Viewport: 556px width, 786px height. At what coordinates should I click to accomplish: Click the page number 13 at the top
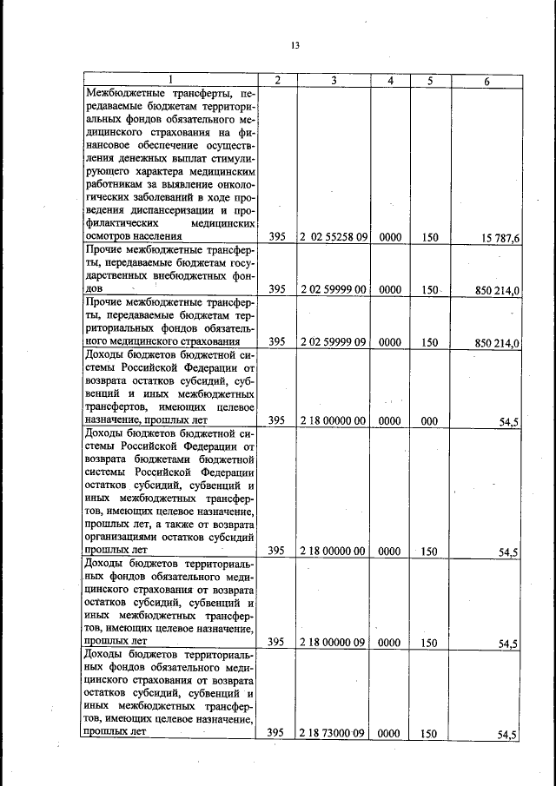coord(295,46)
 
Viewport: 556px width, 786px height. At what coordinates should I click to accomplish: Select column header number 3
coord(334,80)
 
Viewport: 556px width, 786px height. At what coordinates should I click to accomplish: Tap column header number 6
coord(486,80)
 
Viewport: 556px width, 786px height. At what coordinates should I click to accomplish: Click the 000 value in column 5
coord(427,420)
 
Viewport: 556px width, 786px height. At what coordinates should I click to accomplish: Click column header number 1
coord(171,80)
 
